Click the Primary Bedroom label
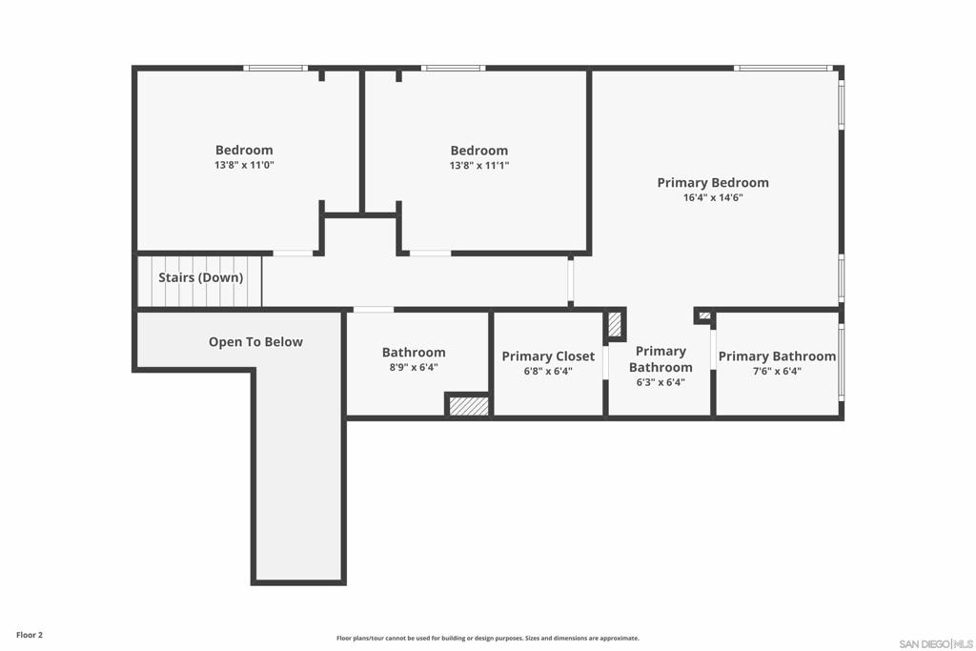tap(712, 183)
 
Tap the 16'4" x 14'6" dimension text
tap(712, 198)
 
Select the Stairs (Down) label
tap(200, 278)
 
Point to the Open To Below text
tap(255, 342)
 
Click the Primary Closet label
tap(548, 356)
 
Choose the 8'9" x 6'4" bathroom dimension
tap(414, 367)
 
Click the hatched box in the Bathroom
tap(468, 406)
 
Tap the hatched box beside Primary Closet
tap(615, 325)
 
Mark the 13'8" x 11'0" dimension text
tap(244, 165)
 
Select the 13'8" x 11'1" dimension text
tap(478, 166)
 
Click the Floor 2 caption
tap(30, 635)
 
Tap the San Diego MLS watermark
tap(935, 643)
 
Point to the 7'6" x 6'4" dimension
tap(777, 372)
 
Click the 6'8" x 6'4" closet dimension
tap(548, 372)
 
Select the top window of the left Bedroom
tap(274, 69)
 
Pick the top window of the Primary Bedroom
tap(783, 69)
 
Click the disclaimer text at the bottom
tap(487, 639)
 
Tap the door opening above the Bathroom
tap(373, 310)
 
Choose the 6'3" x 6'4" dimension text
tap(661, 382)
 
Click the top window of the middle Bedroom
tap(453, 69)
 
